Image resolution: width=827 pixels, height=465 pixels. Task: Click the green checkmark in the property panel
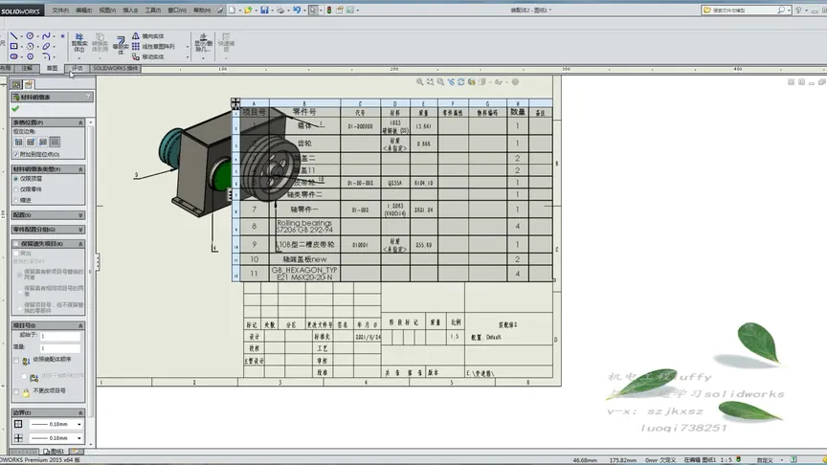tap(15, 109)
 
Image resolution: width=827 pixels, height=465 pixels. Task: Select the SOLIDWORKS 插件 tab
tap(116, 68)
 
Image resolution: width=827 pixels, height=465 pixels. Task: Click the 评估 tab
tap(78, 68)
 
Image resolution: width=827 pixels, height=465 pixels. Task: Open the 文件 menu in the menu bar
tap(59, 10)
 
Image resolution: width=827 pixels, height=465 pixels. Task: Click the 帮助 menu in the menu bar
tap(203, 10)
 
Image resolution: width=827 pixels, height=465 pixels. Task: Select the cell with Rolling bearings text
tap(303, 226)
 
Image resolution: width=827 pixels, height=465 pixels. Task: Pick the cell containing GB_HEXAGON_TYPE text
tap(303, 273)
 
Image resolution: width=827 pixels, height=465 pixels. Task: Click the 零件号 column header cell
tap(303, 112)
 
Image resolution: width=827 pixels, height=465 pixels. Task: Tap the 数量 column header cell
tap(517, 112)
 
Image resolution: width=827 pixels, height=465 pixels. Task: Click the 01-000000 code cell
tap(359, 125)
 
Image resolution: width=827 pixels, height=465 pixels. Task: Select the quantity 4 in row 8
tap(517, 226)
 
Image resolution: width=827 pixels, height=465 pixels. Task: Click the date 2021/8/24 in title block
tap(367, 337)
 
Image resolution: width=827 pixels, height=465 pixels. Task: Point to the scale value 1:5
tap(453, 337)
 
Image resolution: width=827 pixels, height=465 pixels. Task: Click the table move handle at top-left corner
tap(235, 102)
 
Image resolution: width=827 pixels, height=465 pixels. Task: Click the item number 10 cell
tap(254, 258)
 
